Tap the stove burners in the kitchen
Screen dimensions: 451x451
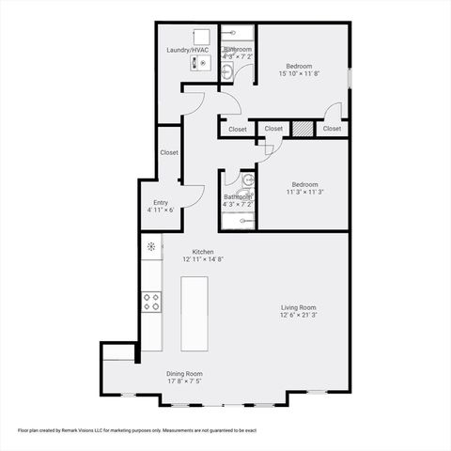point(150,302)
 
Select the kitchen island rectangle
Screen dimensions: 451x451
point(194,313)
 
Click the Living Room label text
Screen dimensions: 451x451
point(298,307)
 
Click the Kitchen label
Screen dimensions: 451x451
point(203,251)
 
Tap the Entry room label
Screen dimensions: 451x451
point(161,202)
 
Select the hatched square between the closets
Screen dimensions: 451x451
point(302,129)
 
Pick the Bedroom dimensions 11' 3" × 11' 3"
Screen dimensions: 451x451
point(305,193)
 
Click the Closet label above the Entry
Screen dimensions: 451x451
point(169,152)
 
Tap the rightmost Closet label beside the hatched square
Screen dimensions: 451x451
point(332,129)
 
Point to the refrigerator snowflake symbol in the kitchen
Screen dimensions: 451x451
point(150,247)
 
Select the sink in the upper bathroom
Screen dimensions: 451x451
point(227,71)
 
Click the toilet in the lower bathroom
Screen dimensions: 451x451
point(247,179)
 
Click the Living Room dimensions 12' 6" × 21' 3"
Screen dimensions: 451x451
point(298,316)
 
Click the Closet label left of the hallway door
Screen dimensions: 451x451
point(238,129)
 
